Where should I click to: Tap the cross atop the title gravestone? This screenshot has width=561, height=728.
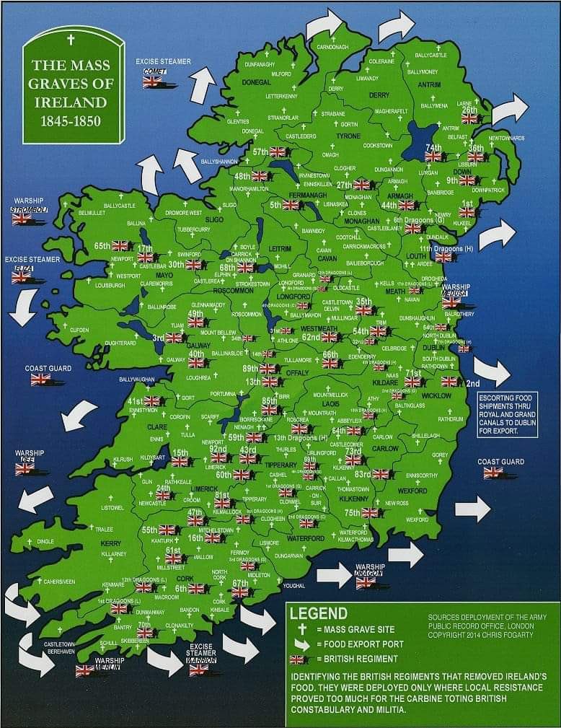(70, 39)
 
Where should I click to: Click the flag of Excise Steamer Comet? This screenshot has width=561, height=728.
(152, 82)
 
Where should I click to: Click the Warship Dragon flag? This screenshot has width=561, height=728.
(366, 582)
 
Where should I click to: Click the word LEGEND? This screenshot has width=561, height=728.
(318, 613)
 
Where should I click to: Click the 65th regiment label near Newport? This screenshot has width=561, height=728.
(102, 246)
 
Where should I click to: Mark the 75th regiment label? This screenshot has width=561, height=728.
(352, 512)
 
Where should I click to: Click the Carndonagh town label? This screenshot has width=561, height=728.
(332, 47)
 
